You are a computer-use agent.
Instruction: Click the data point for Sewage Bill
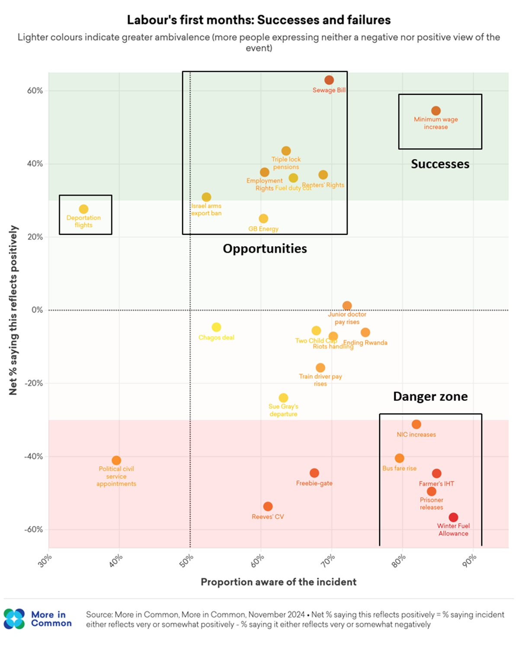329,80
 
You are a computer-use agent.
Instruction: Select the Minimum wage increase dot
436,111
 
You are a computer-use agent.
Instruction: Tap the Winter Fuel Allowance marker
453,518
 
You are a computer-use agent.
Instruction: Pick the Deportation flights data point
83,209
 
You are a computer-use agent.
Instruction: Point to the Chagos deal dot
216,327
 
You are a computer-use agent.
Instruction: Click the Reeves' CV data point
268,506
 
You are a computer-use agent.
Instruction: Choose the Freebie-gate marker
314,473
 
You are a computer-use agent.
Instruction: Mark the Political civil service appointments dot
116,461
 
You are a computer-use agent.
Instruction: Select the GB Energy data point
263,219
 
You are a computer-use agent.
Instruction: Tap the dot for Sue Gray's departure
283,398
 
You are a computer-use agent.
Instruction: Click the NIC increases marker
416,424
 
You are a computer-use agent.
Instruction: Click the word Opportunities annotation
265,249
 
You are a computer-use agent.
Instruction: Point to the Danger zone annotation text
430,397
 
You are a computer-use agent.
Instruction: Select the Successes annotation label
440,164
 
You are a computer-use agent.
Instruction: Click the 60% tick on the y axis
35,91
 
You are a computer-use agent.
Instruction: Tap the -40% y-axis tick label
33,457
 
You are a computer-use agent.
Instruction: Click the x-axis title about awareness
279,582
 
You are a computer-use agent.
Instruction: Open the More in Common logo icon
14,619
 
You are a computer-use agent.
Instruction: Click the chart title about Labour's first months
259,20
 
